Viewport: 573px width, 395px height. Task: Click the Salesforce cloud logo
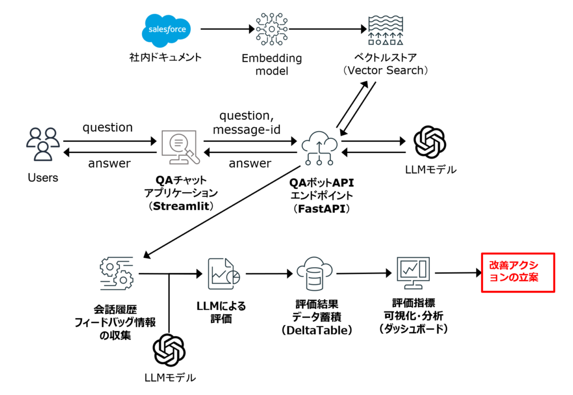(166, 29)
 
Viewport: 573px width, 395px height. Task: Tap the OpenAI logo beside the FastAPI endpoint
(429, 143)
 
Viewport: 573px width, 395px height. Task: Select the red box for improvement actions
(518, 272)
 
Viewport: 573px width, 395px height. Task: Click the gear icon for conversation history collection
(116, 274)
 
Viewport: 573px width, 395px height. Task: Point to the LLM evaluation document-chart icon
(223, 274)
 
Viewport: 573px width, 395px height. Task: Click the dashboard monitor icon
(412, 273)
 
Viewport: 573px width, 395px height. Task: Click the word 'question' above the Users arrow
(107, 127)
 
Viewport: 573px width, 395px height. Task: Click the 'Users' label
(43, 178)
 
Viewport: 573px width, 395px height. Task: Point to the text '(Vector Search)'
(386, 71)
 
